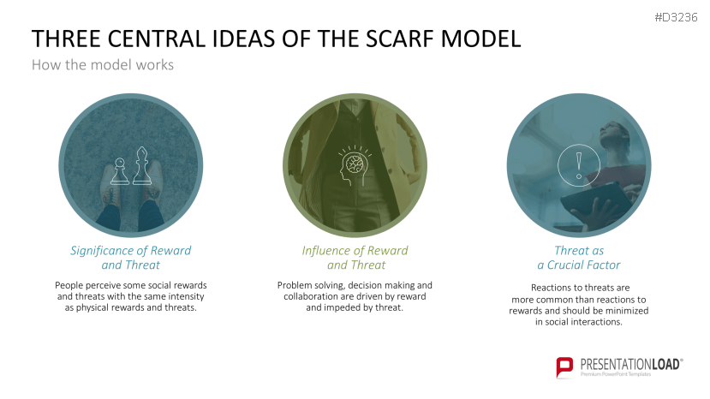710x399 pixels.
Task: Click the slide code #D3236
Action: [x=677, y=17]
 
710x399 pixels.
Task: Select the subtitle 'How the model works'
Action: [x=102, y=64]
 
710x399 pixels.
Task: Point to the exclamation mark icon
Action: [x=579, y=163]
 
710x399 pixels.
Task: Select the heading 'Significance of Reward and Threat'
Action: [x=130, y=258]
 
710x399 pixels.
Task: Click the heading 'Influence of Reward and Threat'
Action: [x=355, y=258]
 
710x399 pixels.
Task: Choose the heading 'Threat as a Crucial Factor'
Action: [x=579, y=258]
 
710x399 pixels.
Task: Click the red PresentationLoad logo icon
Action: [x=565, y=367]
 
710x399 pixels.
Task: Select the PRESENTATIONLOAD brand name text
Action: [x=630, y=364]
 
